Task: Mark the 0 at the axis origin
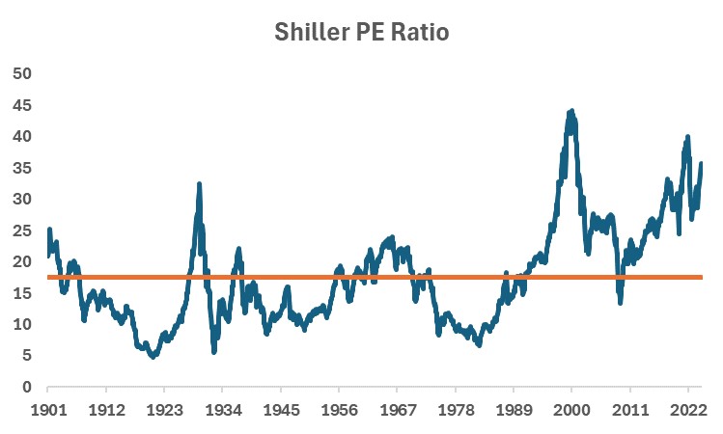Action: (x=28, y=388)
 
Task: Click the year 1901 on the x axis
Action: (x=48, y=409)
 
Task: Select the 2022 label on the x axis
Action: (x=687, y=409)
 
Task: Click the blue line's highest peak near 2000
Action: (x=571, y=112)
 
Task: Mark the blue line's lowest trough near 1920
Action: (x=152, y=356)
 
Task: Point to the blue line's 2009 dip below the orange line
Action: (x=621, y=302)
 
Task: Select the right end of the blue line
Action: (x=701, y=163)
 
